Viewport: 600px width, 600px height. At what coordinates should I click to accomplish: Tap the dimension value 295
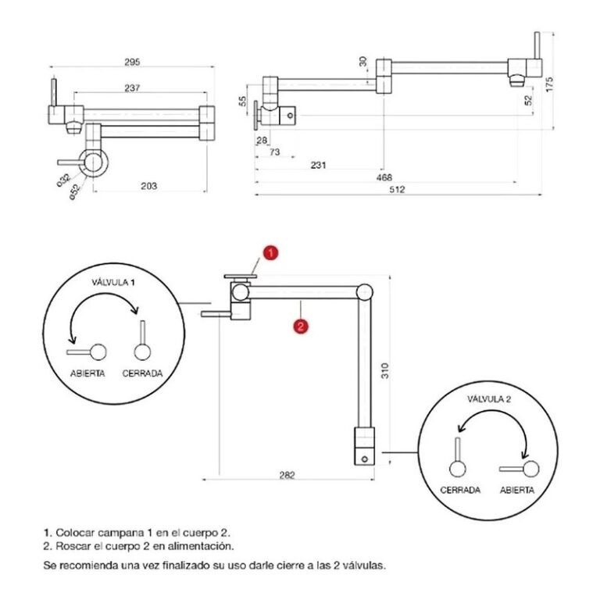coord(130,62)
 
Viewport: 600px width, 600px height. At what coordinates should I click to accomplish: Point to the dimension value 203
coord(149,186)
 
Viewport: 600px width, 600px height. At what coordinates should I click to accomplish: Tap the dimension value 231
coord(318,166)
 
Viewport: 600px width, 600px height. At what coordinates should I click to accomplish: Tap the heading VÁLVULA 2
coord(489,398)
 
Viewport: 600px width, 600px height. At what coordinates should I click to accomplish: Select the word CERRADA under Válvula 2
coord(460,491)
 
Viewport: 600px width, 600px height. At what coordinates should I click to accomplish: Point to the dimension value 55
coord(243,102)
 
